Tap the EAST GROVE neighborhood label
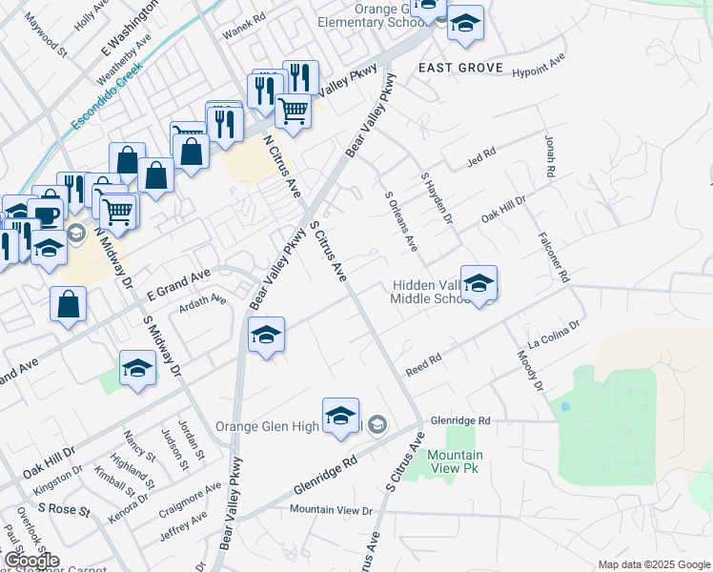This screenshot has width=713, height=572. coord(454,67)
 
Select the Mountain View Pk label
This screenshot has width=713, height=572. coord(454,461)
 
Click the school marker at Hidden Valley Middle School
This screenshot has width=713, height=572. coord(479,283)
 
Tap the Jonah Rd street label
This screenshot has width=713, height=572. coord(549,155)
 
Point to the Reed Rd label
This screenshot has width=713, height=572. coord(423,364)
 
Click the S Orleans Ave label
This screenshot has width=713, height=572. coord(401,221)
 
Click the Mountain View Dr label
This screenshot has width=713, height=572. coord(331,511)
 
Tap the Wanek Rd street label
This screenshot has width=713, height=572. coord(243,32)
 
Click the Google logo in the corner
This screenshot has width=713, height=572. coord(31,561)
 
